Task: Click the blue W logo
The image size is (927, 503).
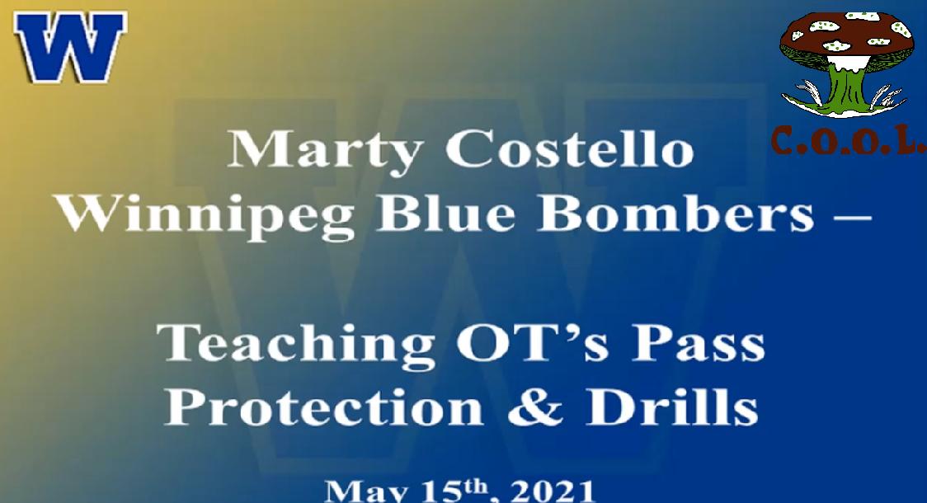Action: (x=70, y=47)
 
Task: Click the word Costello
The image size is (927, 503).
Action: (x=569, y=148)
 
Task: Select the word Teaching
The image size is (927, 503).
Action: (x=295, y=346)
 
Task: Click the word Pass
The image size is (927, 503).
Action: (x=699, y=343)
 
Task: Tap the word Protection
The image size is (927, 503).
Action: (x=324, y=407)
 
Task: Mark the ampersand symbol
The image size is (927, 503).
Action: (x=535, y=407)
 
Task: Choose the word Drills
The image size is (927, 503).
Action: (x=672, y=407)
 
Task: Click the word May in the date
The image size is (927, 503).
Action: (x=366, y=491)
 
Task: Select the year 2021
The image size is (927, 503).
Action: (x=553, y=491)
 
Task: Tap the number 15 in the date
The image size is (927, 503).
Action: (x=441, y=491)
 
